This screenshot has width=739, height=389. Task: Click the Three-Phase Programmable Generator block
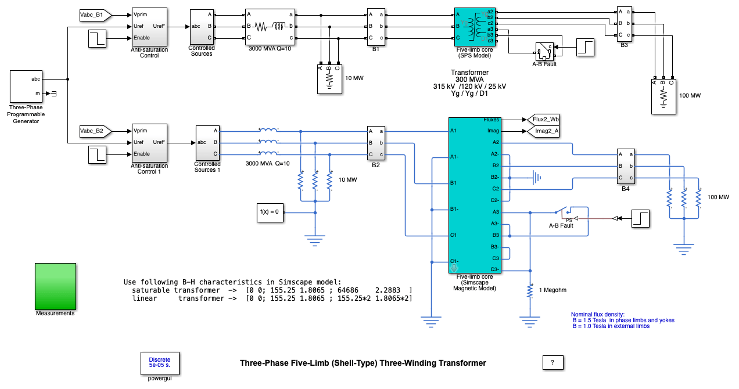(27, 86)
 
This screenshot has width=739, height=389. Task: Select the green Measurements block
(55, 286)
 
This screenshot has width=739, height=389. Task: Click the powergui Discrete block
(160, 363)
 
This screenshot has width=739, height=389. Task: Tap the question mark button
(553, 362)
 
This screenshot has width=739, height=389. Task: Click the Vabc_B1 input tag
(91, 14)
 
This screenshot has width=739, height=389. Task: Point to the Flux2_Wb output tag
(545, 120)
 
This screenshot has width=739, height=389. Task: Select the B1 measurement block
(375, 26)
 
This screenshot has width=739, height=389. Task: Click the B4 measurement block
(625, 165)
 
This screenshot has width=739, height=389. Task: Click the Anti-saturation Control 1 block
(149, 142)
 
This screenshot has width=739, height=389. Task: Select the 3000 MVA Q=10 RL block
(270, 26)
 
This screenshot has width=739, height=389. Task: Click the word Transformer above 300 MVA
(470, 73)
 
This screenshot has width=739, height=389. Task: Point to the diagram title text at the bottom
(363, 363)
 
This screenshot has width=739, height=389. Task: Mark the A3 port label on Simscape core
(496, 212)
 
